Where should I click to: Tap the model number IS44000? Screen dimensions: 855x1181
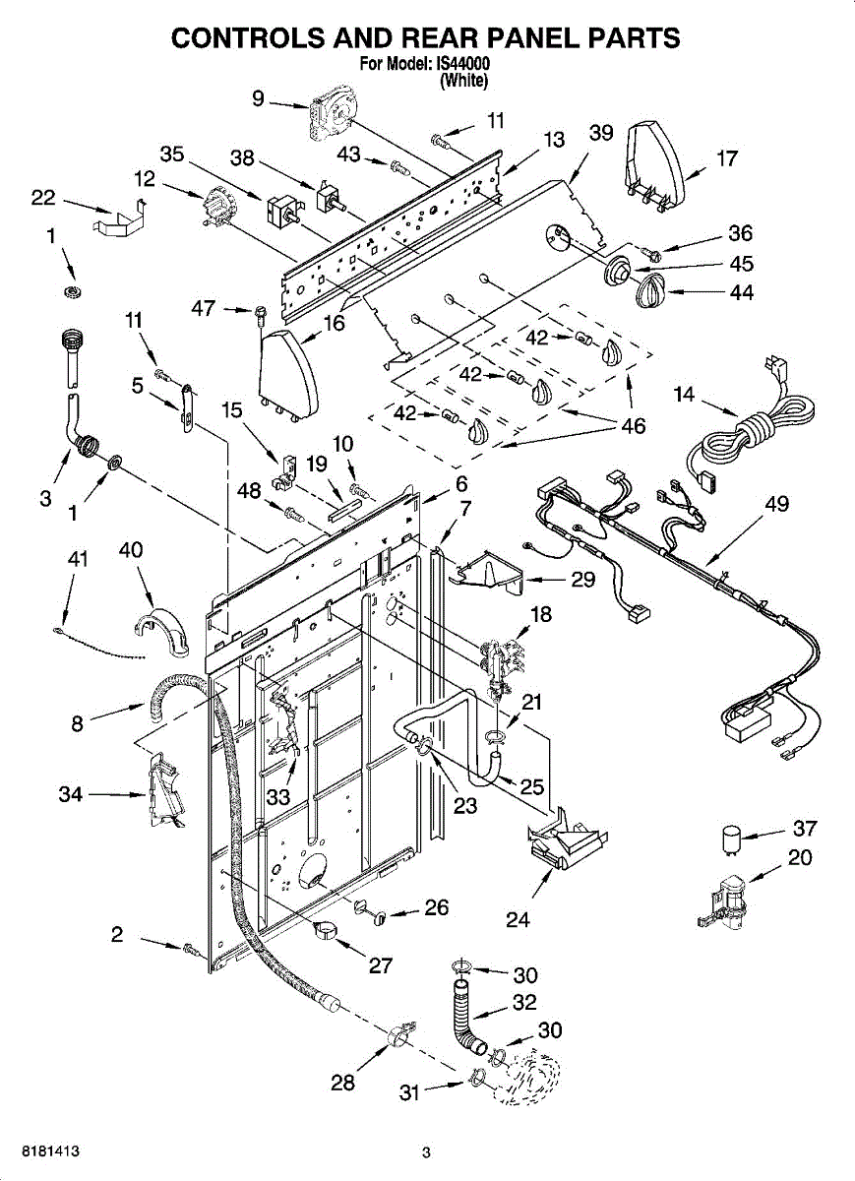(x=459, y=64)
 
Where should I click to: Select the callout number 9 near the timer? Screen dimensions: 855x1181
(x=258, y=98)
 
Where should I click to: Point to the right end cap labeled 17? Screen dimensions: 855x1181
(x=655, y=164)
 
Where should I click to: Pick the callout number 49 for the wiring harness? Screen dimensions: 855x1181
(x=776, y=504)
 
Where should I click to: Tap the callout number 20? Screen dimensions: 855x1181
(x=800, y=857)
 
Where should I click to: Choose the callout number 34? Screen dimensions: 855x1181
(x=70, y=793)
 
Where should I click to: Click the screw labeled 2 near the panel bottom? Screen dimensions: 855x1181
(x=192, y=951)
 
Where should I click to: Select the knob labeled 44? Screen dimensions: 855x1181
(x=651, y=291)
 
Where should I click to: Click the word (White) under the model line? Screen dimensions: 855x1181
(x=463, y=81)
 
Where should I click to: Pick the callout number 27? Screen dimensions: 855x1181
(x=381, y=964)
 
